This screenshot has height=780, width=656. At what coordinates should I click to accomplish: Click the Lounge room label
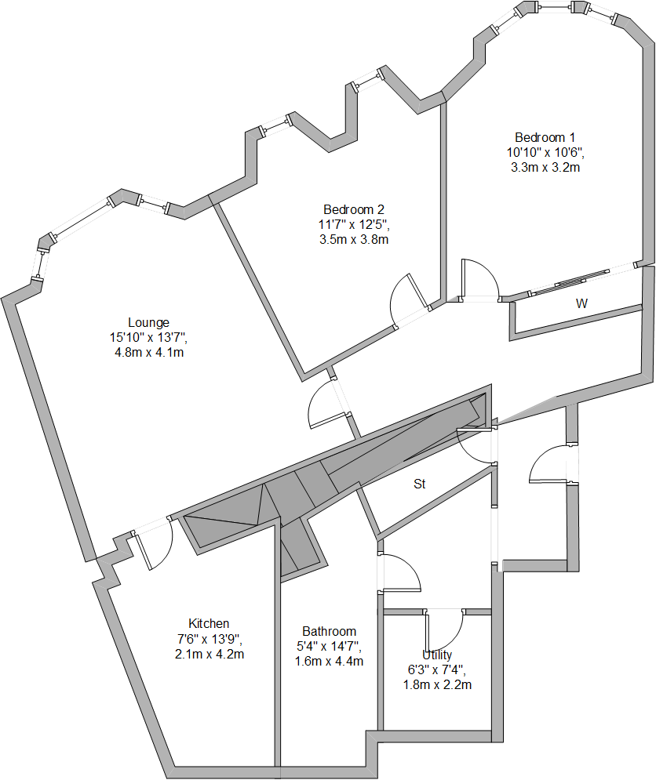pos(148,323)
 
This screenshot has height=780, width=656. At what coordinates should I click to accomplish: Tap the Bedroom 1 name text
pos(545,137)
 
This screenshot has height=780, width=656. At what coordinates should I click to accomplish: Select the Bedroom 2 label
pos(354,209)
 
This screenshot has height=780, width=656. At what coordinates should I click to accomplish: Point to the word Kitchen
pos(209,623)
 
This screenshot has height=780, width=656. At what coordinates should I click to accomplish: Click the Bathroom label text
pos(330,631)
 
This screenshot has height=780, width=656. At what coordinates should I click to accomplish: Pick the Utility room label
pos(437,655)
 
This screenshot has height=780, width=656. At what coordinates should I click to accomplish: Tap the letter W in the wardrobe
pos(581,303)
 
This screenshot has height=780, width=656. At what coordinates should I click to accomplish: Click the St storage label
pos(419,484)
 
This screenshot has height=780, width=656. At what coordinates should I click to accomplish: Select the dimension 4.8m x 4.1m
pos(149,353)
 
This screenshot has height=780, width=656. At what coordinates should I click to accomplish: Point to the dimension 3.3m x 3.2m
pos(545,168)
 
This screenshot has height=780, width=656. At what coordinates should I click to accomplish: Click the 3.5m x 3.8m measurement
pos(354,240)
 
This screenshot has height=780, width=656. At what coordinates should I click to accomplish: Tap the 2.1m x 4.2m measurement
pos(210,654)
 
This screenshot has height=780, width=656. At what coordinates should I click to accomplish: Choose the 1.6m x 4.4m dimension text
pos(329,662)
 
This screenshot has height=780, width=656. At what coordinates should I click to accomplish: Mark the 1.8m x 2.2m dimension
pos(437,685)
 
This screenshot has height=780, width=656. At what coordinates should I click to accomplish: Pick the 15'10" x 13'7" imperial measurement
pos(148,338)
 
